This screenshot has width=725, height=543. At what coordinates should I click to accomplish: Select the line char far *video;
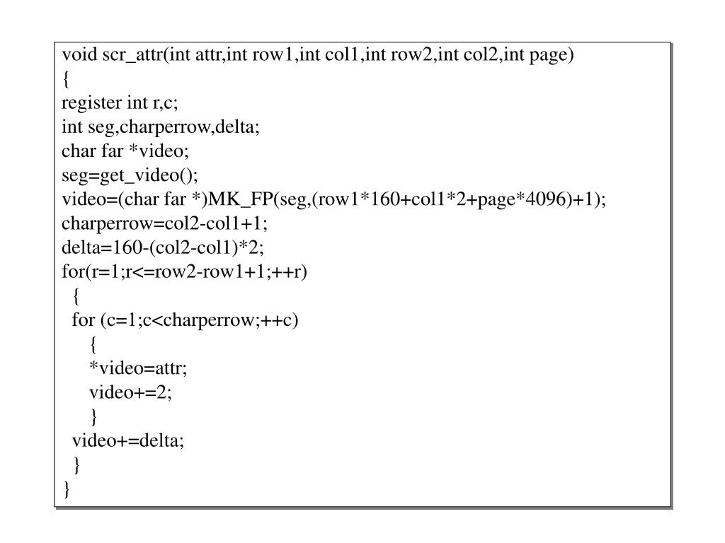(125, 151)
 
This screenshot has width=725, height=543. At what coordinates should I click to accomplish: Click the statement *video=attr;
(138, 368)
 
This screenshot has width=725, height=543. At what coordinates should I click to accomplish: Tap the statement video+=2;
(130, 392)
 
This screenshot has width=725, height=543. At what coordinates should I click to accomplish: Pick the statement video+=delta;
(127, 440)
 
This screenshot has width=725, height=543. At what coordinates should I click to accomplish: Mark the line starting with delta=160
(163, 248)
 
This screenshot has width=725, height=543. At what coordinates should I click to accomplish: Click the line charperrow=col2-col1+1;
(165, 224)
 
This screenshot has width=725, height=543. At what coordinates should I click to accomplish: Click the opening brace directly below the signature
(66, 79)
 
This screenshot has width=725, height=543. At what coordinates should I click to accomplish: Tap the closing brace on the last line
(66, 489)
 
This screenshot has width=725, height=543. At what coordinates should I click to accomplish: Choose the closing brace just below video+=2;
(93, 416)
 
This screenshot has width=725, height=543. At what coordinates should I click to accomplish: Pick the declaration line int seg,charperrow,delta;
(161, 127)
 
